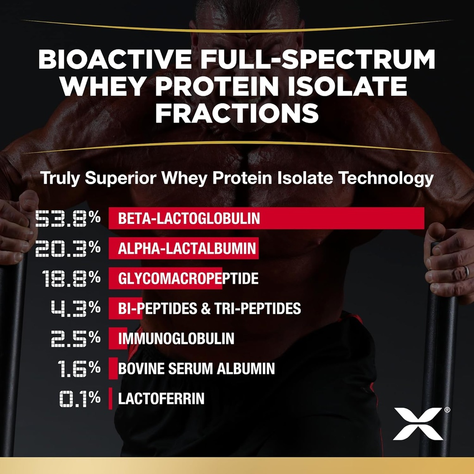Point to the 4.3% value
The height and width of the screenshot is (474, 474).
tap(75, 308)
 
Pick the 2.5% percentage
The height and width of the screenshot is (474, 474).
tap(75, 338)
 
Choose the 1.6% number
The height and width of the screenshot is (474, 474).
tap(79, 368)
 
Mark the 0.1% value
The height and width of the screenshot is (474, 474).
tap(80, 399)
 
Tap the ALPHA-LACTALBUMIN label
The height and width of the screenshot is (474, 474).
tap(187, 249)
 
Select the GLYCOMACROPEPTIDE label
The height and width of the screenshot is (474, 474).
tap(188, 279)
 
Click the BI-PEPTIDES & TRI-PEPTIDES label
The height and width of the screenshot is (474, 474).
tap(210, 308)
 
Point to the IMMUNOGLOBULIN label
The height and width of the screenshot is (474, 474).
tap(176, 338)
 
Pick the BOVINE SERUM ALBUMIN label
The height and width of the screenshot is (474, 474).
tap(196, 368)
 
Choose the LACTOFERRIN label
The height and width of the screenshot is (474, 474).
tap(161, 399)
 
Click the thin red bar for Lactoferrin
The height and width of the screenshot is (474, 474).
tap(111, 399)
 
